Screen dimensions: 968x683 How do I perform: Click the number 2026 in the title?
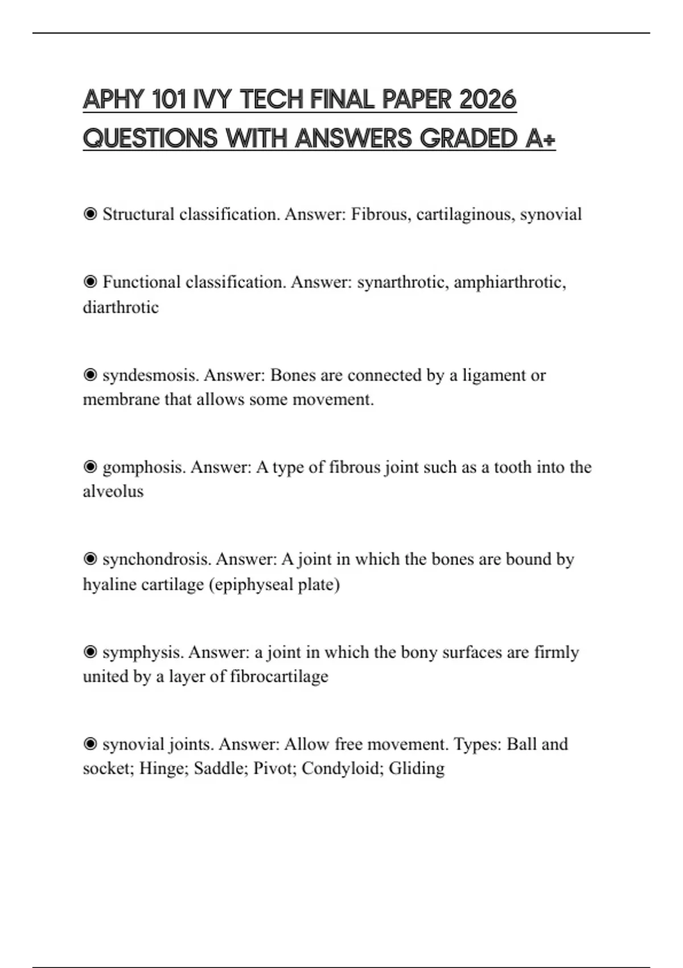click(x=487, y=100)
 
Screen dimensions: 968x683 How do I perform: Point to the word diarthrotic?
click(x=121, y=307)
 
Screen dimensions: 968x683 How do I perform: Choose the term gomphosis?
click(x=144, y=467)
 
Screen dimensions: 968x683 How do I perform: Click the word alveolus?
click(x=113, y=491)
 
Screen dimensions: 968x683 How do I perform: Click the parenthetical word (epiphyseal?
click(x=242, y=585)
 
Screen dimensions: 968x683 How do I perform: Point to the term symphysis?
click(x=142, y=652)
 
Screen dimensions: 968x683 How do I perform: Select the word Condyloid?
click(x=343, y=769)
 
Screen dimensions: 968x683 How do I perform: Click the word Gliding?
click(x=417, y=769)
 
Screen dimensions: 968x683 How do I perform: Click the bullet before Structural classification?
click(x=90, y=214)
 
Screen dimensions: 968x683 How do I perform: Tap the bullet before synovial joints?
click(x=90, y=744)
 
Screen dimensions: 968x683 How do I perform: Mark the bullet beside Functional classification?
click(x=90, y=282)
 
